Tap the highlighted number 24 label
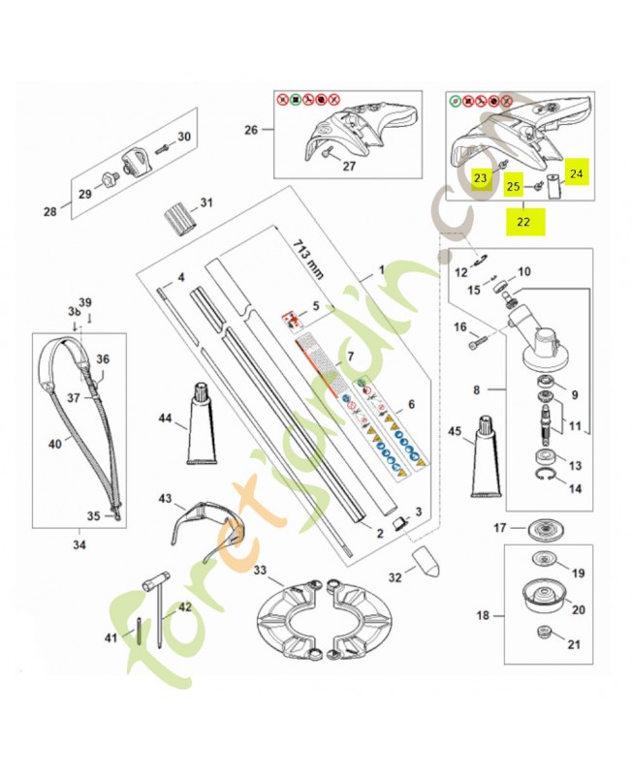pos(577,173)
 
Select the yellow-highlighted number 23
pos(480,178)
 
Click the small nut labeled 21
pos(543,635)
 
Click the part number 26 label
pos(251,132)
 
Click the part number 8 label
pos(475,390)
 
